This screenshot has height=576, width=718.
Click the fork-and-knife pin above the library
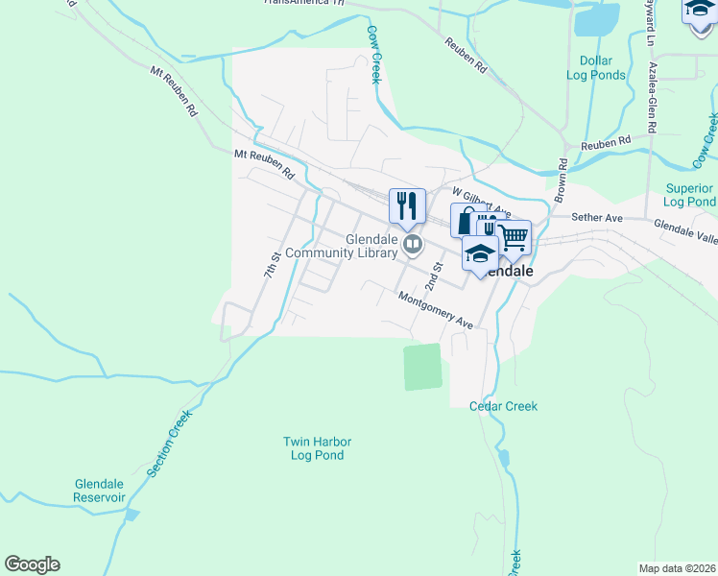point(407,205)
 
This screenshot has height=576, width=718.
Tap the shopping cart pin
point(515,236)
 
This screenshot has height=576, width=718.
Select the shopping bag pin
point(466,221)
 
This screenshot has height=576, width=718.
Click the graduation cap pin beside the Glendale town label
point(479,253)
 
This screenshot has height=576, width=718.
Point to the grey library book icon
point(413,245)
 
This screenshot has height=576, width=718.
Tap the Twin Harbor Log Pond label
point(317,448)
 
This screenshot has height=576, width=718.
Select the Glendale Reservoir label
point(100,491)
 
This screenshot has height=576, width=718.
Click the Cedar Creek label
point(503,406)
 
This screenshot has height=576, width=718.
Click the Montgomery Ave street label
point(437,310)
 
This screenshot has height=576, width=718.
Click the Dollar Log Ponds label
point(595,67)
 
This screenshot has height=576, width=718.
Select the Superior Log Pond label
point(689,195)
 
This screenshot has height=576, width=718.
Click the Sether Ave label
point(598,218)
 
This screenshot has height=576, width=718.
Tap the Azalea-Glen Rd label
point(652,97)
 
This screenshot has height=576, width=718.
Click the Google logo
point(32,564)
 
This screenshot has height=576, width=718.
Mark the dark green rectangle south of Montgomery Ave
point(422,367)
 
